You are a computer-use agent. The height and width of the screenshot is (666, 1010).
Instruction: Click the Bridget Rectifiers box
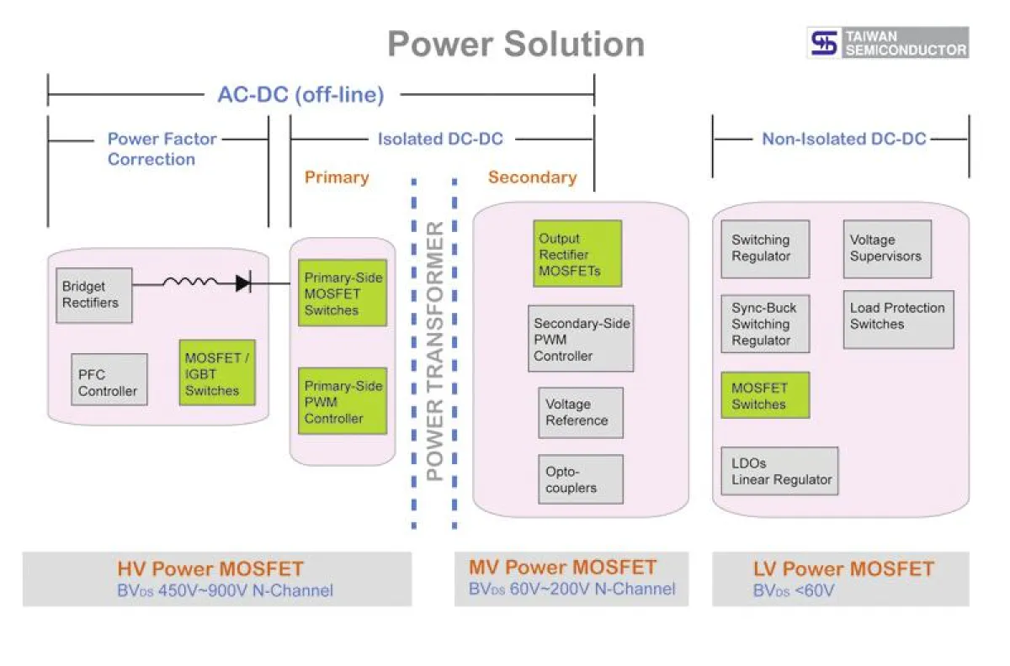tap(94, 295)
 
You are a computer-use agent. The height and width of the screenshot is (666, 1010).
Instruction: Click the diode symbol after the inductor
tap(242, 283)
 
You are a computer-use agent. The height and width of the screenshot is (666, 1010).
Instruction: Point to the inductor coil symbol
tap(190, 283)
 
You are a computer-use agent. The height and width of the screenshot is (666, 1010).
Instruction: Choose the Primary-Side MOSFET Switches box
tap(343, 293)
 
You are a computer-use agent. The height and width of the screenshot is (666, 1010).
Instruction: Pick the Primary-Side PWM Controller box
tap(343, 402)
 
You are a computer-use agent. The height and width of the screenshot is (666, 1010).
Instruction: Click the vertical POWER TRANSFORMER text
tap(434, 351)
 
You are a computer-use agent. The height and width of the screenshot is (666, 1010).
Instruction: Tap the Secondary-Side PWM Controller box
tap(581, 339)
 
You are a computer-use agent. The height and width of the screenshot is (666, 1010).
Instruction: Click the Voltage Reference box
tap(581, 412)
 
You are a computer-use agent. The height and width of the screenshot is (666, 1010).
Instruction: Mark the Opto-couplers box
tap(581, 479)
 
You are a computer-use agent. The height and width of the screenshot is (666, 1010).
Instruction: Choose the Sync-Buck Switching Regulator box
tap(764, 324)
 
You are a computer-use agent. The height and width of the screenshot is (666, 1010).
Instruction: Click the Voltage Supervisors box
tap(887, 249)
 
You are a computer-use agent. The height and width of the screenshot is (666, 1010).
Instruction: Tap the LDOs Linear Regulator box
tap(779, 471)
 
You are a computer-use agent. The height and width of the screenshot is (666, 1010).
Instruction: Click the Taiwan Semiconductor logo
tap(888, 43)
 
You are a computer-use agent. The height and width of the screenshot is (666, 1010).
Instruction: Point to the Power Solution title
tap(516, 44)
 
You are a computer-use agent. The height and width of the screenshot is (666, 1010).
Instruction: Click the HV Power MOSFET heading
tap(210, 569)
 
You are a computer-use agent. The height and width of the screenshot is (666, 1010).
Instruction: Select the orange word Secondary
tap(532, 177)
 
